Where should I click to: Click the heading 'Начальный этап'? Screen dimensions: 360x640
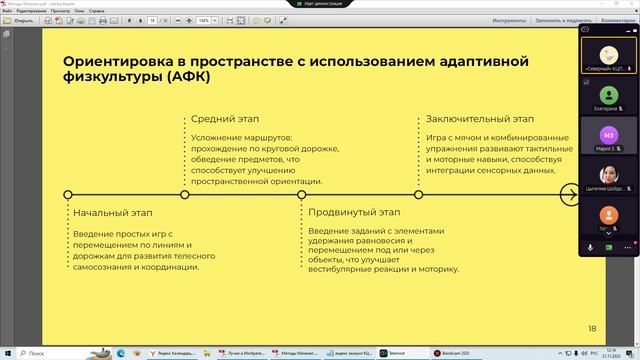[x=112, y=213]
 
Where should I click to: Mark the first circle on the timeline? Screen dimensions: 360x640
[x=67, y=194]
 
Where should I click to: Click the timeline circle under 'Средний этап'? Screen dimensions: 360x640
[x=184, y=194]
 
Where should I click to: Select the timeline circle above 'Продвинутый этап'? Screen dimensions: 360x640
[x=301, y=194]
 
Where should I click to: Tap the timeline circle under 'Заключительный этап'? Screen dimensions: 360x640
[x=419, y=194]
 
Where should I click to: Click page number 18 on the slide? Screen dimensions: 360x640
[x=591, y=327]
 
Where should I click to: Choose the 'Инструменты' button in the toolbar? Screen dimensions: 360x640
[x=509, y=19]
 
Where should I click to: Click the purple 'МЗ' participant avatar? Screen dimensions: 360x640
[x=607, y=133]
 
